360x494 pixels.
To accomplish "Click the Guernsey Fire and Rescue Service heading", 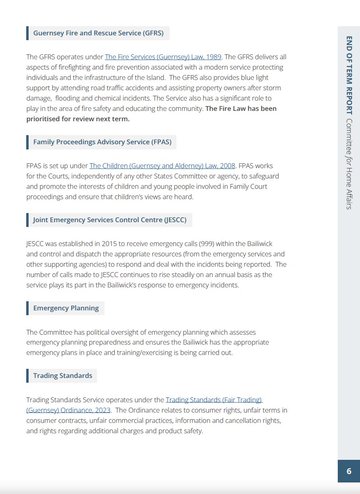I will pyautogui.click(x=98, y=33).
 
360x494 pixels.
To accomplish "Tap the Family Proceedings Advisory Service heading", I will pyautogui.click(x=102, y=142).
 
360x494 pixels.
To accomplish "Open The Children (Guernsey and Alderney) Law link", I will pyautogui.click(x=162, y=166).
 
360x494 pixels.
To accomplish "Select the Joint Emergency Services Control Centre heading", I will pyautogui.click(x=110, y=220).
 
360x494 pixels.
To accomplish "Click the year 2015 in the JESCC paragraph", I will pyautogui.click(x=109, y=244).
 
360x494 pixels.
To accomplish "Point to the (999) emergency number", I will pyautogui.click(x=207, y=244).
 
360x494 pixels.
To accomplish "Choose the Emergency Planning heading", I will pyautogui.click(x=66, y=308).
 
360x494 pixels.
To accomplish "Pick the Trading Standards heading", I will pyautogui.click(x=62, y=376).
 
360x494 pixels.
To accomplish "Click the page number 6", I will pyautogui.click(x=349, y=471).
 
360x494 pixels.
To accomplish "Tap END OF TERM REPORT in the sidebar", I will pyautogui.click(x=349, y=75).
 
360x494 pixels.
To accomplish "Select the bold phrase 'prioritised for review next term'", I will pyautogui.click(x=78, y=119).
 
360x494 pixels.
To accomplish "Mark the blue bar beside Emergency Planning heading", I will pyautogui.click(x=27, y=308).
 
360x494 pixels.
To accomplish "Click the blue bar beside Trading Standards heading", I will pyautogui.click(x=27, y=376).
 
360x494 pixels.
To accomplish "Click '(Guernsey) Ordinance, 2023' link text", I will pyautogui.click(x=68, y=410).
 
